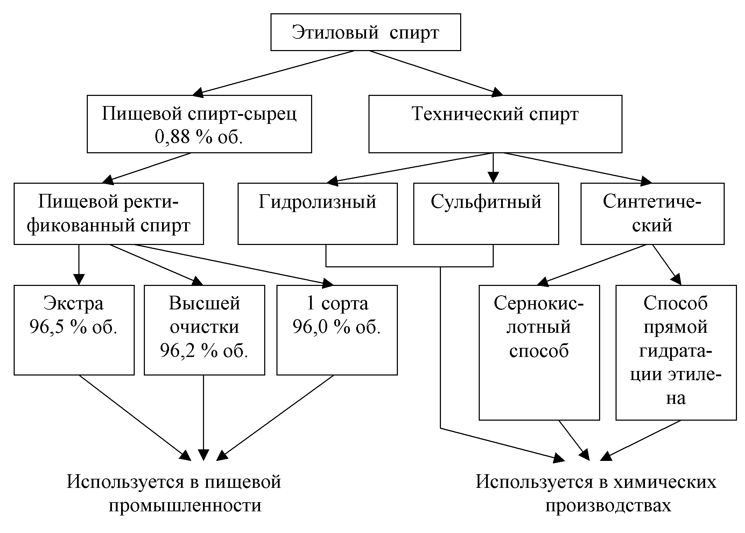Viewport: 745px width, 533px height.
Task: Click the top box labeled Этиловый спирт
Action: click(x=365, y=32)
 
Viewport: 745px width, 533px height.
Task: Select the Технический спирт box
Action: click(x=495, y=124)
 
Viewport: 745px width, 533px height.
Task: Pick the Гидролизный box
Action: click(x=317, y=213)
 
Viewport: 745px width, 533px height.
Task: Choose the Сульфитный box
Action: click(x=486, y=213)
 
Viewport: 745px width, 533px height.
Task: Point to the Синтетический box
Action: click(x=652, y=213)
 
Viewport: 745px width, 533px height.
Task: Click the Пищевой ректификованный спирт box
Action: click(x=108, y=213)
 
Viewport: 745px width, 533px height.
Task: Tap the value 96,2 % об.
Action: click(x=204, y=351)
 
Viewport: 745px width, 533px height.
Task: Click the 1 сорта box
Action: click(x=337, y=330)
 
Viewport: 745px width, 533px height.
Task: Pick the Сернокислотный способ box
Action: click(x=539, y=352)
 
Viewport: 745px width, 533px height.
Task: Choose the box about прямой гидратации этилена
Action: click(x=676, y=352)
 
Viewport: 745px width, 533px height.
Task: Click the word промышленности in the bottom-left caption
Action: click(x=185, y=505)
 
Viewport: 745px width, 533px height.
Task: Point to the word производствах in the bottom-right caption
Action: click(x=608, y=505)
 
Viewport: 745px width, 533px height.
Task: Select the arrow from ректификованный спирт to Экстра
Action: click(x=79, y=265)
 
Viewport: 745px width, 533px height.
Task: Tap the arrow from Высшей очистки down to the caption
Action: click(x=203, y=416)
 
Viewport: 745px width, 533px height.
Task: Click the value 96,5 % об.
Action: click(x=73, y=327)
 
